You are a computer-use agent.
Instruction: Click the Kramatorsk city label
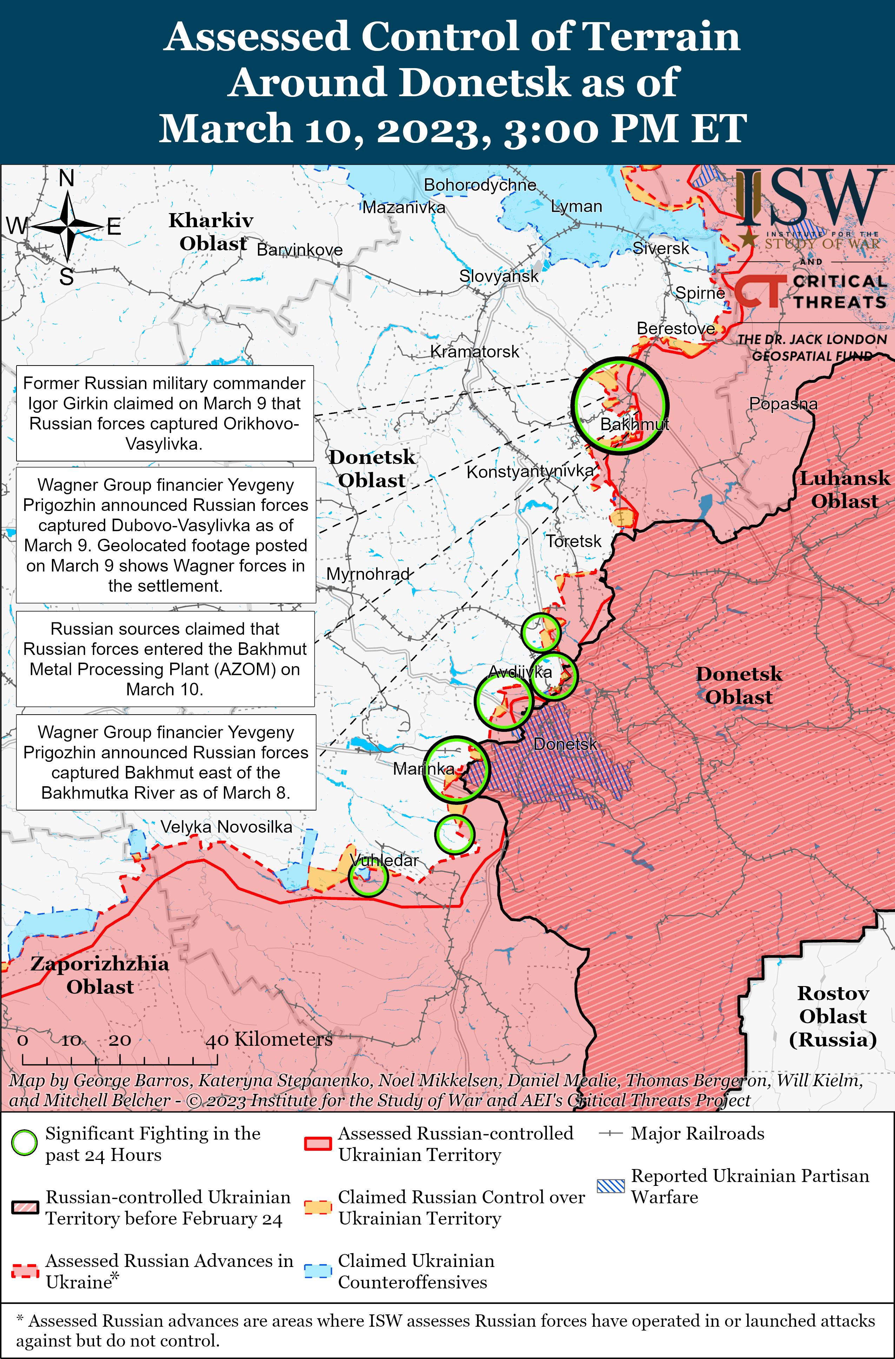click(474, 352)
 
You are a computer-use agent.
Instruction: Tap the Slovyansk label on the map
click(498, 276)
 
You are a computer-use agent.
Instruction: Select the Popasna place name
click(783, 404)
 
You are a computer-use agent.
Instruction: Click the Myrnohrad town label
click(368, 573)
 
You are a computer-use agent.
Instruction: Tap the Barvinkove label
click(300, 250)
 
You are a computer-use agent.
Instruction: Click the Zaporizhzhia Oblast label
click(100, 975)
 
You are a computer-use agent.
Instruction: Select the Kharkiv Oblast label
click(211, 232)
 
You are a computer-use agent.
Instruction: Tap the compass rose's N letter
click(67, 179)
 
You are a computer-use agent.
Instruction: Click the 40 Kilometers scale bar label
click(269, 1039)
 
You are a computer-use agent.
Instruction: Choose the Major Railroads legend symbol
click(610, 1134)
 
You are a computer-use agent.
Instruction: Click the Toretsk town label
click(574, 541)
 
